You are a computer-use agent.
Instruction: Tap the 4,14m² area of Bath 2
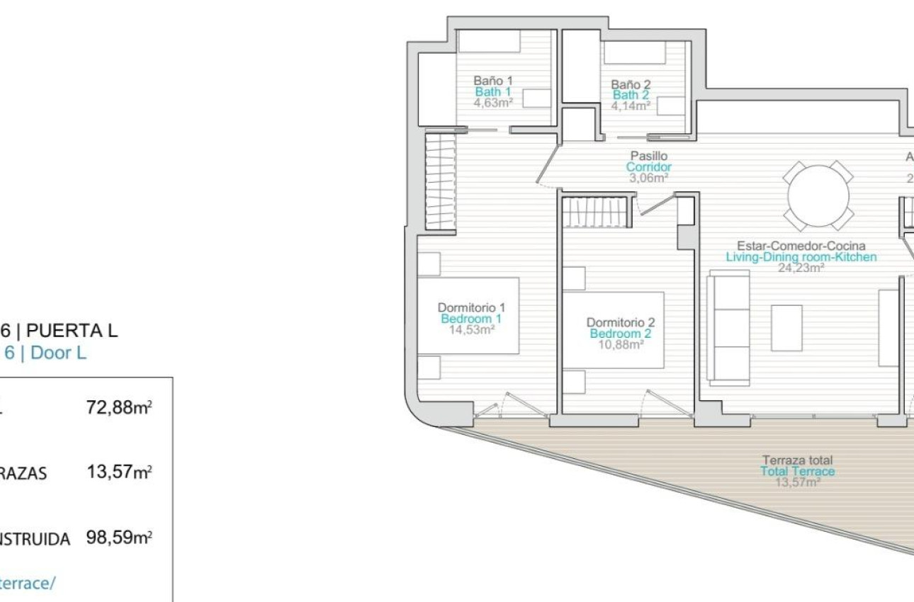point(631,106)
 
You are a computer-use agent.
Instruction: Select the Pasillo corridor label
point(649,156)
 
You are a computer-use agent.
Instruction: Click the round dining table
point(818,195)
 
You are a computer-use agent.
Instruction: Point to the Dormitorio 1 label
point(471,307)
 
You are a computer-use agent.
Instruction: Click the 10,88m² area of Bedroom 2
point(616,345)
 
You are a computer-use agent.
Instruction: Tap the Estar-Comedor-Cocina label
point(801,246)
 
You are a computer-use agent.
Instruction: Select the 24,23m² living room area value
point(801,268)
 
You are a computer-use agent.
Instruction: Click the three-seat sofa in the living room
point(729,327)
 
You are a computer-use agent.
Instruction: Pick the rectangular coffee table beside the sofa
point(786,327)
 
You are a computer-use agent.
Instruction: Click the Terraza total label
point(797,460)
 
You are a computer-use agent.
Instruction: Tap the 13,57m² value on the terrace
point(797,482)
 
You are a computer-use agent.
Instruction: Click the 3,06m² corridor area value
point(649,178)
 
